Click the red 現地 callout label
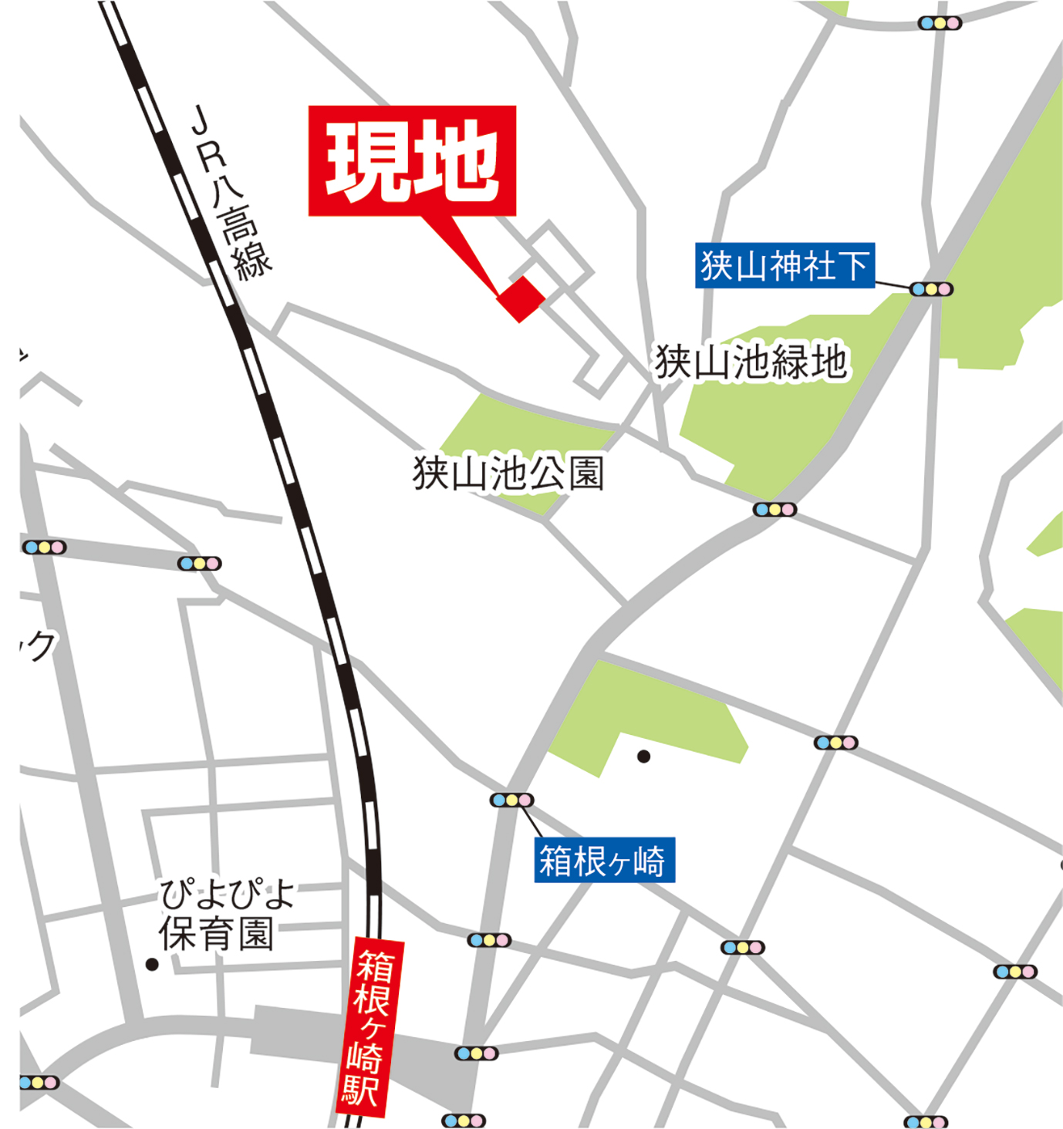click(x=412, y=160)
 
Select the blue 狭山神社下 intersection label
click(x=785, y=266)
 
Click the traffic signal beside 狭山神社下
click(x=931, y=289)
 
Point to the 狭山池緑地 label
click(x=751, y=362)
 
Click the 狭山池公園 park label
click(x=508, y=473)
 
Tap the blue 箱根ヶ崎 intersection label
click(x=604, y=860)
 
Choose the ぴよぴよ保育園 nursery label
click(x=224, y=915)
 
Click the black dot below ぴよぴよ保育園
click(x=152, y=964)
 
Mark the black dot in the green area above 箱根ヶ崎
click(x=643, y=757)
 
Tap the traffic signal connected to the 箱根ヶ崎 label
click(x=511, y=800)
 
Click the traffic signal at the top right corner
click(x=939, y=23)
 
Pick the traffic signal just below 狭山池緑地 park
click(x=774, y=510)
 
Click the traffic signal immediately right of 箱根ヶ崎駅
click(x=476, y=1053)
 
